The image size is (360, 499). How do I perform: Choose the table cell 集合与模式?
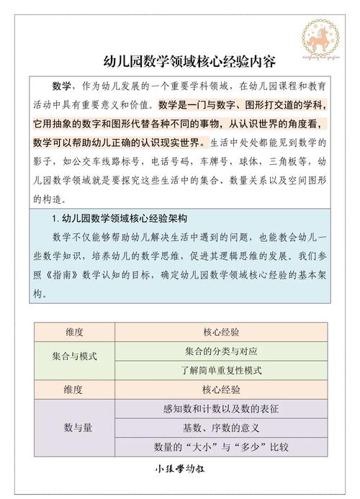[73, 356]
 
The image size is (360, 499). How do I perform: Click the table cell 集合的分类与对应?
[221, 351]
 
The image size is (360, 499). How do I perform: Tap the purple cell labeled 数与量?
[73, 427]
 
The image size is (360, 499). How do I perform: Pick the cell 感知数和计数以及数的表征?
[221, 408]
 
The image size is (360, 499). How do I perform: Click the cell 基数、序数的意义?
[221, 427]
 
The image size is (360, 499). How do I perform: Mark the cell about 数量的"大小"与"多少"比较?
[221, 446]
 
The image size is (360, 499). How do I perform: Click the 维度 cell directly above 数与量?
[73, 389]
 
